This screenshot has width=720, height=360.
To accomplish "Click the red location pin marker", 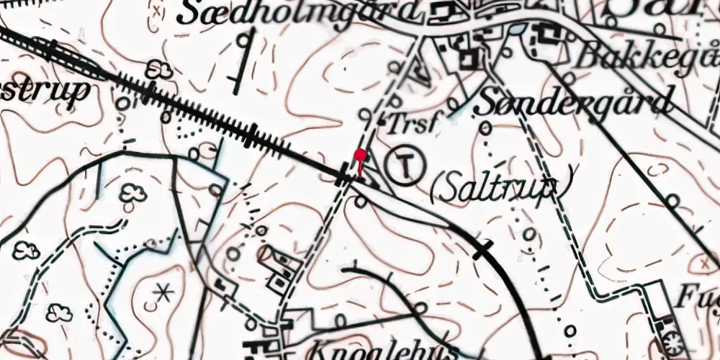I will pos(360,155).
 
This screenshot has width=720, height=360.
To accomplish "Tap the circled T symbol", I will pos(407,165).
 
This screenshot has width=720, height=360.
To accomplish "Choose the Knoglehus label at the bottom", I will pos(382,351).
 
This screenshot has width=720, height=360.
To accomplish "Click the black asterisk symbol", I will pos(164,293).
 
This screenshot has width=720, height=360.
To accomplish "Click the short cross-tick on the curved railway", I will pos(483,249).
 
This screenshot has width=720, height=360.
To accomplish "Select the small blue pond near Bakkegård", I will pos(516,30).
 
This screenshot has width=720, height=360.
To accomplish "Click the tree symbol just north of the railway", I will pos(158,69).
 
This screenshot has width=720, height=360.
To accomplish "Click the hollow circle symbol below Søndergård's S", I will pos(486,128).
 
